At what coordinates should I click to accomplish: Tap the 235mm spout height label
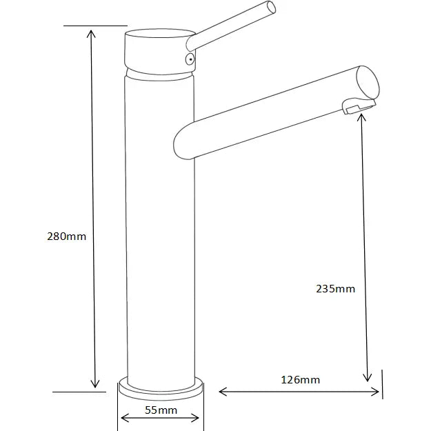tap(336, 289)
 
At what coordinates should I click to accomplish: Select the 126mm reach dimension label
tap(300, 379)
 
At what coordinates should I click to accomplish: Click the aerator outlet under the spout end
tap(357, 106)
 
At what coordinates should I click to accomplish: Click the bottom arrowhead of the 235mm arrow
tap(368, 376)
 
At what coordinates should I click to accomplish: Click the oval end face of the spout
tap(369, 82)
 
